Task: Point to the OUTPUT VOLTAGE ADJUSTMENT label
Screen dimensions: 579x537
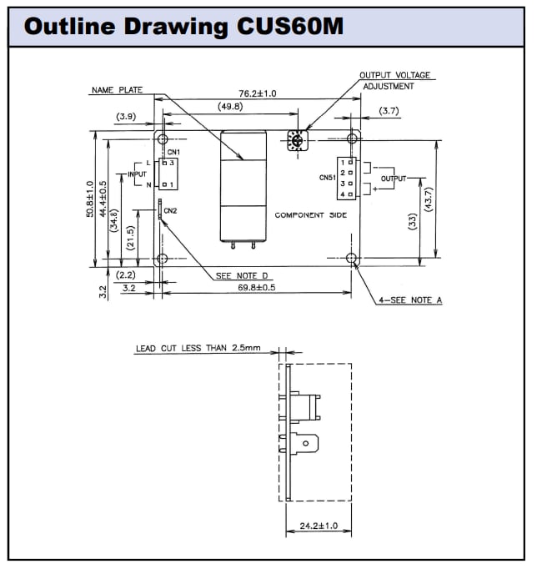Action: pos(395,80)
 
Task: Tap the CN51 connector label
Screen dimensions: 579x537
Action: pos(327,178)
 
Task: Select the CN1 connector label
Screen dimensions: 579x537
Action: pos(173,152)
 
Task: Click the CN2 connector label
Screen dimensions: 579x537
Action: pos(170,210)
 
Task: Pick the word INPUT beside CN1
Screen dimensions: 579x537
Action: pos(136,174)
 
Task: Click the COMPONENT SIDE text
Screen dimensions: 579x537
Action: pos(311,215)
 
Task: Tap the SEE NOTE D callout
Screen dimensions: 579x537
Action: pos(242,275)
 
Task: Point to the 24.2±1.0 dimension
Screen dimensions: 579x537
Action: pos(318,526)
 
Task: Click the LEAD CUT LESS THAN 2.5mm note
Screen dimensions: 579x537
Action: pos(198,349)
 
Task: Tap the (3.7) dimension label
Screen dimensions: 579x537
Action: pos(389,111)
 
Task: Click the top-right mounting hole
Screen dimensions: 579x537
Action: pos(353,138)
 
